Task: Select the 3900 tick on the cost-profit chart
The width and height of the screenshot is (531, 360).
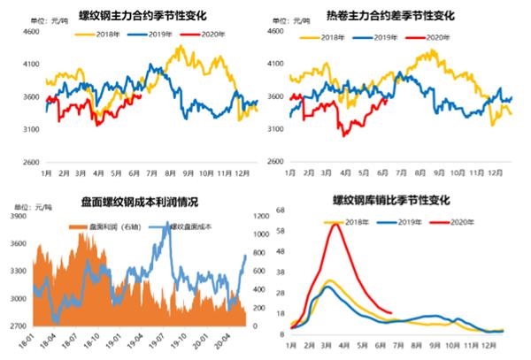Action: point(17,216)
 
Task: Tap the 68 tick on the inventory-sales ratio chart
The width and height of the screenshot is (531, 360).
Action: point(281,211)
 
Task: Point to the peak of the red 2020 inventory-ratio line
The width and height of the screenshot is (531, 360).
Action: point(335,225)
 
